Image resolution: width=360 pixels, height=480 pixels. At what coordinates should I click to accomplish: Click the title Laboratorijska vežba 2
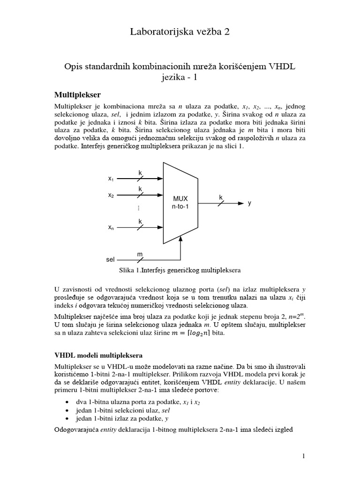pos(180,32)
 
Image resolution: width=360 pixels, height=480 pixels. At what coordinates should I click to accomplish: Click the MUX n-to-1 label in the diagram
pos(180,202)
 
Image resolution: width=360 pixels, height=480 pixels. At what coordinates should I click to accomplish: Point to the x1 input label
pos(111,179)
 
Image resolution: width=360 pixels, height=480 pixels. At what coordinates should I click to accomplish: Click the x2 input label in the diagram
pos(111,195)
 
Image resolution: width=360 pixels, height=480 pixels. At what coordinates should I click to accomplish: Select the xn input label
pos(111,228)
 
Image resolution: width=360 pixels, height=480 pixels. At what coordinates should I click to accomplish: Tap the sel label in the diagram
pos(111,259)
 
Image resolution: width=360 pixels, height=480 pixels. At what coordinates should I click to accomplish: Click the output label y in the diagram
pos(250,203)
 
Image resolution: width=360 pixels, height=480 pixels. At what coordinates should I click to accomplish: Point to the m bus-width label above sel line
pos(139,254)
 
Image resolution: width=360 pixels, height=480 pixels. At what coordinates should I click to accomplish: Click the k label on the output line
pos(221,198)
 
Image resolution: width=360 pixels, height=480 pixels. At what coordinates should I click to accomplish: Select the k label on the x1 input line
pos(140,173)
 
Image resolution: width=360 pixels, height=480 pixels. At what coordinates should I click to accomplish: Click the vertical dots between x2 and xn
pos(139,208)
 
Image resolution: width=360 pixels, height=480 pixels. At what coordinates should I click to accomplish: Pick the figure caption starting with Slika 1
pos(180,270)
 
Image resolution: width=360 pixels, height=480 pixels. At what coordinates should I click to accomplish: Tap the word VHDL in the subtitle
pos(281,67)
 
